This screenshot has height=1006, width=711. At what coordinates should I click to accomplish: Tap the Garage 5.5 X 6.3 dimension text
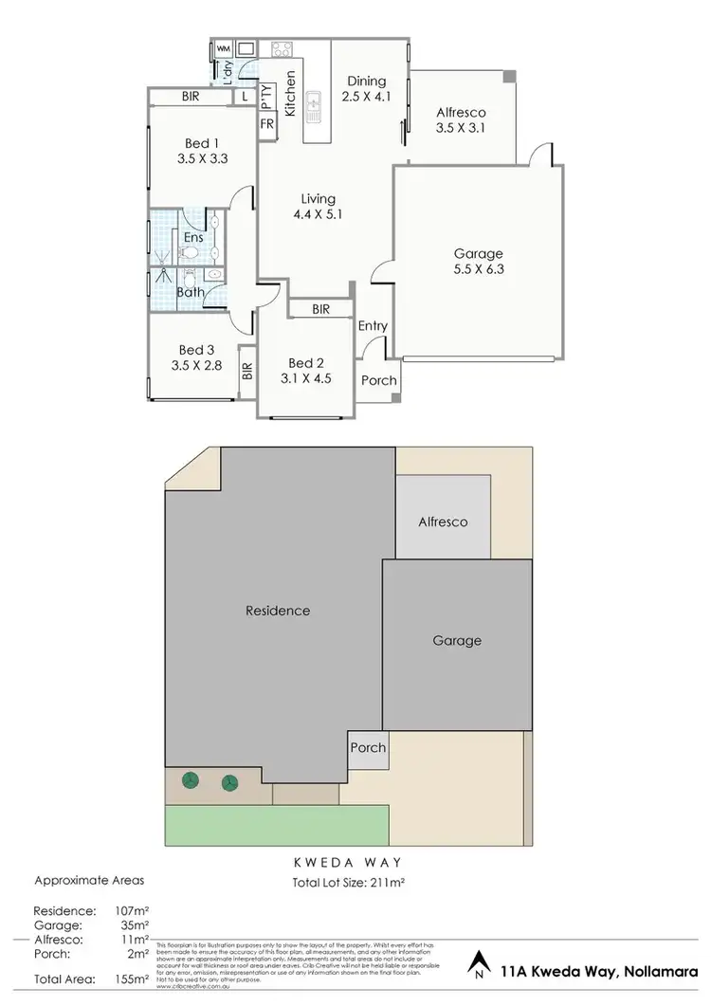(x=478, y=271)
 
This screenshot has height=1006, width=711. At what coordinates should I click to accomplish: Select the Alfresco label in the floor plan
(x=459, y=111)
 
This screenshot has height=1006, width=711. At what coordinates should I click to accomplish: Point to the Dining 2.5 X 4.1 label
(x=365, y=82)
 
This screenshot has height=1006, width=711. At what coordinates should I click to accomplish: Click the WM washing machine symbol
(x=224, y=48)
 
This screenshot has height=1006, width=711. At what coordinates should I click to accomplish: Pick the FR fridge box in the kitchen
(x=266, y=124)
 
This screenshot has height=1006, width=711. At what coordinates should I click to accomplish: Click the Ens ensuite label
(x=193, y=237)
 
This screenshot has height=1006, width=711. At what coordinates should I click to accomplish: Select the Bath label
(x=191, y=291)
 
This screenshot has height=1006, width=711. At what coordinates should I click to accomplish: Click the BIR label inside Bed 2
(x=319, y=309)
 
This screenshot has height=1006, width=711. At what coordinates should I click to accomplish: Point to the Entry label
(x=373, y=326)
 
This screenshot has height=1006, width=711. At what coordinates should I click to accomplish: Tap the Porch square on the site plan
(x=368, y=748)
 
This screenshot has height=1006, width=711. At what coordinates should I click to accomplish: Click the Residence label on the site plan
(x=278, y=611)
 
